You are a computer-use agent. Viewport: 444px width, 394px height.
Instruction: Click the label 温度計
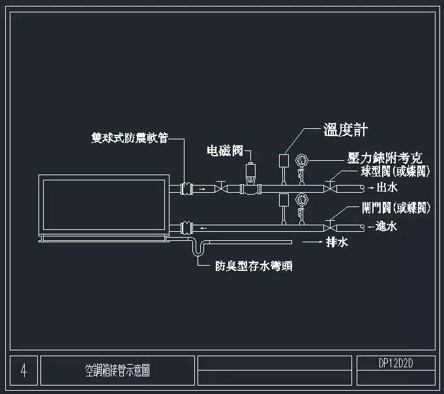click(347, 130)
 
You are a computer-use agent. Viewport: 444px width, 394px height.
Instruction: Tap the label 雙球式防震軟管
click(130, 138)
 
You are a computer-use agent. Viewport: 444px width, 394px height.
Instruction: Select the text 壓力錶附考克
click(384, 158)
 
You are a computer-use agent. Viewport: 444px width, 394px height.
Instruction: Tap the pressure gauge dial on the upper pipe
click(301, 160)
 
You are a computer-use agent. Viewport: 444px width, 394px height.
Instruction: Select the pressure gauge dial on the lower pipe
click(301, 199)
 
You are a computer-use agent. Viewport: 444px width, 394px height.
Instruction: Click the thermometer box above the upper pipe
click(284, 159)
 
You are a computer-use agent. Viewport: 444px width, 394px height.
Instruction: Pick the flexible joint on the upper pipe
click(186, 189)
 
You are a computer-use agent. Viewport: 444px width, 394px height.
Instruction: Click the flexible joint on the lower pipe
click(186, 227)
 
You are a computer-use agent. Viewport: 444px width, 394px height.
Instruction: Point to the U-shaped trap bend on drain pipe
click(198, 251)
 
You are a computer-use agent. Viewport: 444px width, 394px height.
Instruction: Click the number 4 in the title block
click(24, 371)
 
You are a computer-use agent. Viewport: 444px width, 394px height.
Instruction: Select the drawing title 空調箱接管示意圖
click(117, 371)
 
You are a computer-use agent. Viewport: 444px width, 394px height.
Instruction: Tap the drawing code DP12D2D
click(396, 362)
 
